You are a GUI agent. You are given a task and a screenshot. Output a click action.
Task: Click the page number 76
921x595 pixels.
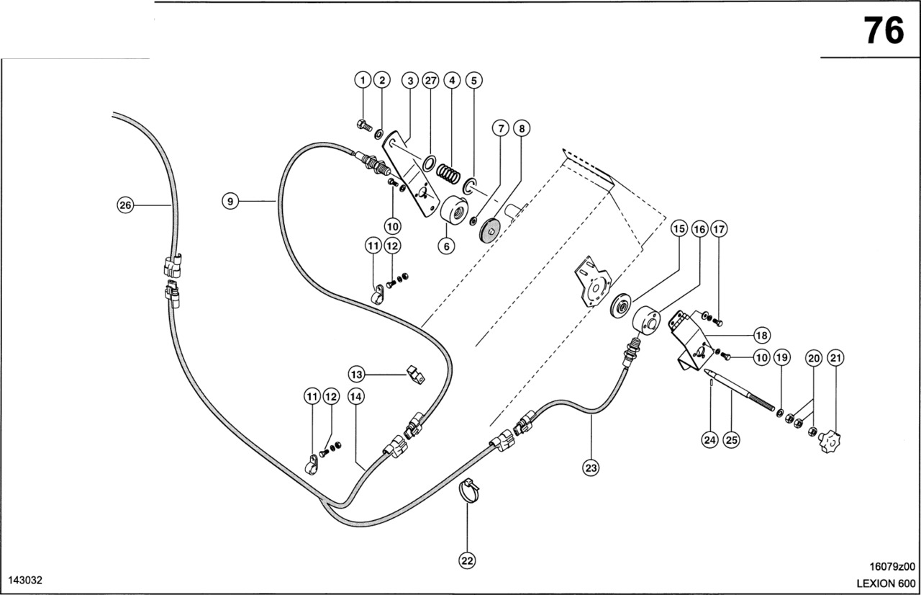(883, 31)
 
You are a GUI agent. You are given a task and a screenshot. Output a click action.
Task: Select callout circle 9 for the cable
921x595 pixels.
(230, 202)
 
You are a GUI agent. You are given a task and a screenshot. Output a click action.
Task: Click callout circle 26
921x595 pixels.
(125, 205)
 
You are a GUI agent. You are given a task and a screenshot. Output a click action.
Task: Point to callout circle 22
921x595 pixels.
(468, 560)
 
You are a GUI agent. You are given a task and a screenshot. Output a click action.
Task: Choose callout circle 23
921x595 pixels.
(591, 467)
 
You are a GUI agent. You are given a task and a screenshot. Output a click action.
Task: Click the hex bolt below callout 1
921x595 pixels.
(364, 127)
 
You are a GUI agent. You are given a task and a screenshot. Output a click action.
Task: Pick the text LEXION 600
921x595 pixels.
(886, 583)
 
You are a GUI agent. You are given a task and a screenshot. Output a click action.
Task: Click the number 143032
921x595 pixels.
(26, 581)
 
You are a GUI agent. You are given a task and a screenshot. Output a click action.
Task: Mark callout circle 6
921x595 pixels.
(446, 246)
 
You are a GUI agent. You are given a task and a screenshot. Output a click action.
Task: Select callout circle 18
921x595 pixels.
(761, 335)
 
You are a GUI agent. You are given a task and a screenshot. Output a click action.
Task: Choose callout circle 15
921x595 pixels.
(679, 229)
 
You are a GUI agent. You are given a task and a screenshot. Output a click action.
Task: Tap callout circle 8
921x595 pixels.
(522, 128)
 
